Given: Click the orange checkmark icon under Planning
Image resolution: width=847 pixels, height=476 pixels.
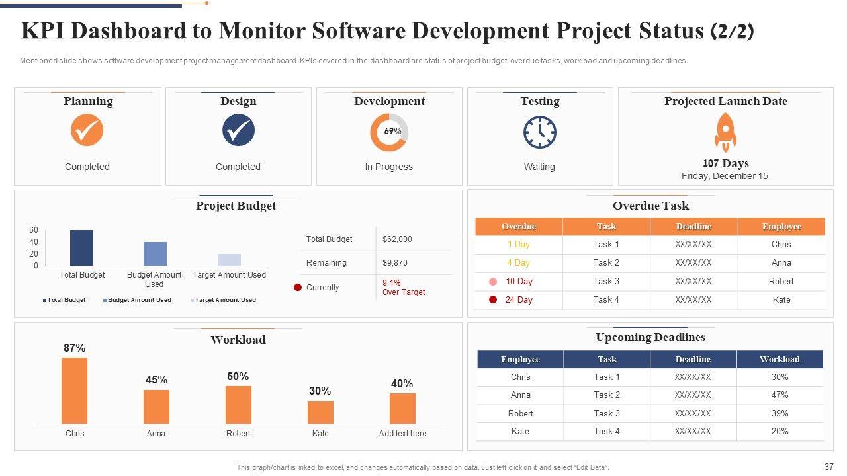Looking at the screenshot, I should click(x=87, y=130).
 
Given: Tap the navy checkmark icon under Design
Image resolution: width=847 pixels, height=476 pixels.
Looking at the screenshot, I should click(x=238, y=130).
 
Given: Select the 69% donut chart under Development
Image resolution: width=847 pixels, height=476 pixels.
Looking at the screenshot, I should click(x=389, y=132).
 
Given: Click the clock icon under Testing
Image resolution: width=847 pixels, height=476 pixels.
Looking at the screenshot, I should click(x=540, y=132).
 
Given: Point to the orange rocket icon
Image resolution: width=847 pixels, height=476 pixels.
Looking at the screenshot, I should click(x=725, y=132).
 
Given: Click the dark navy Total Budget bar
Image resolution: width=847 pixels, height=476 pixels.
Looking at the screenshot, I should click(x=82, y=248).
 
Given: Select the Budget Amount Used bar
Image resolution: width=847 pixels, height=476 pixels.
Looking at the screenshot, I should click(x=155, y=254).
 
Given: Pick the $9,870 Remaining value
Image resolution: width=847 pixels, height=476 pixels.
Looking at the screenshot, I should click(x=395, y=263).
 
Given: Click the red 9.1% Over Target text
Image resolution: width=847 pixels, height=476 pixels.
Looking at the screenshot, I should click(x=403, y=288).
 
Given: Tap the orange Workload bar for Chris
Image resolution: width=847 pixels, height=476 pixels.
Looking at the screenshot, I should click(x=75, y=390).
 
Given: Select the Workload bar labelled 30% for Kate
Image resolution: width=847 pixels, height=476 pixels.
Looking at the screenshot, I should click(x=320, y=412).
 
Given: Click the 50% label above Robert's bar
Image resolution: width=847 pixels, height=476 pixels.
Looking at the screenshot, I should click(x=238, y=377).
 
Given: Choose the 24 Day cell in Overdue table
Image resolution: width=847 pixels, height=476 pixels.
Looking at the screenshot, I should click(x=519, y=300).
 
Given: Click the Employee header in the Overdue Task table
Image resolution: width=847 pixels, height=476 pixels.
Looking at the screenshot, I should click(x=781, y=227).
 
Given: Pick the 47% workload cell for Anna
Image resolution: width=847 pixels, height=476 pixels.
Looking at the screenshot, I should click(x=780, y=395).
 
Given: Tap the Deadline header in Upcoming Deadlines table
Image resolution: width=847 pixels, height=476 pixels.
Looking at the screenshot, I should click(x=693, y=360).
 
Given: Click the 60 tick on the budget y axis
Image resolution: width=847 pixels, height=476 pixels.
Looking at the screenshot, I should click(x=34, y=230).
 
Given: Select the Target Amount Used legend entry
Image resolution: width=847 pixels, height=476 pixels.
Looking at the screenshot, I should click(x=225, y=300).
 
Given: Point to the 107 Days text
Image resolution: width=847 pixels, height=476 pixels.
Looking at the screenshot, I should click(x=725, y=163).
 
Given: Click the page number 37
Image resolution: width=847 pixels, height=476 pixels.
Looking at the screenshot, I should click(x=829, y=467).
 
